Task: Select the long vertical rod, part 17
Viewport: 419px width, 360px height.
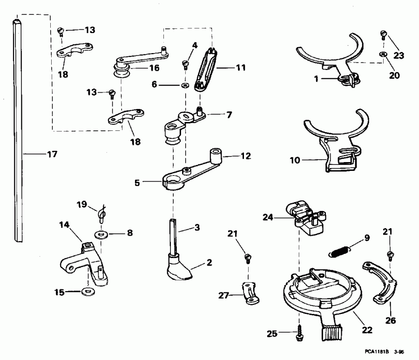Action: (19, 130)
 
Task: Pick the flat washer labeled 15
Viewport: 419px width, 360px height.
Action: (87, 292)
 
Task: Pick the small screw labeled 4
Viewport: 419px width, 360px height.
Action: (186, 64)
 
